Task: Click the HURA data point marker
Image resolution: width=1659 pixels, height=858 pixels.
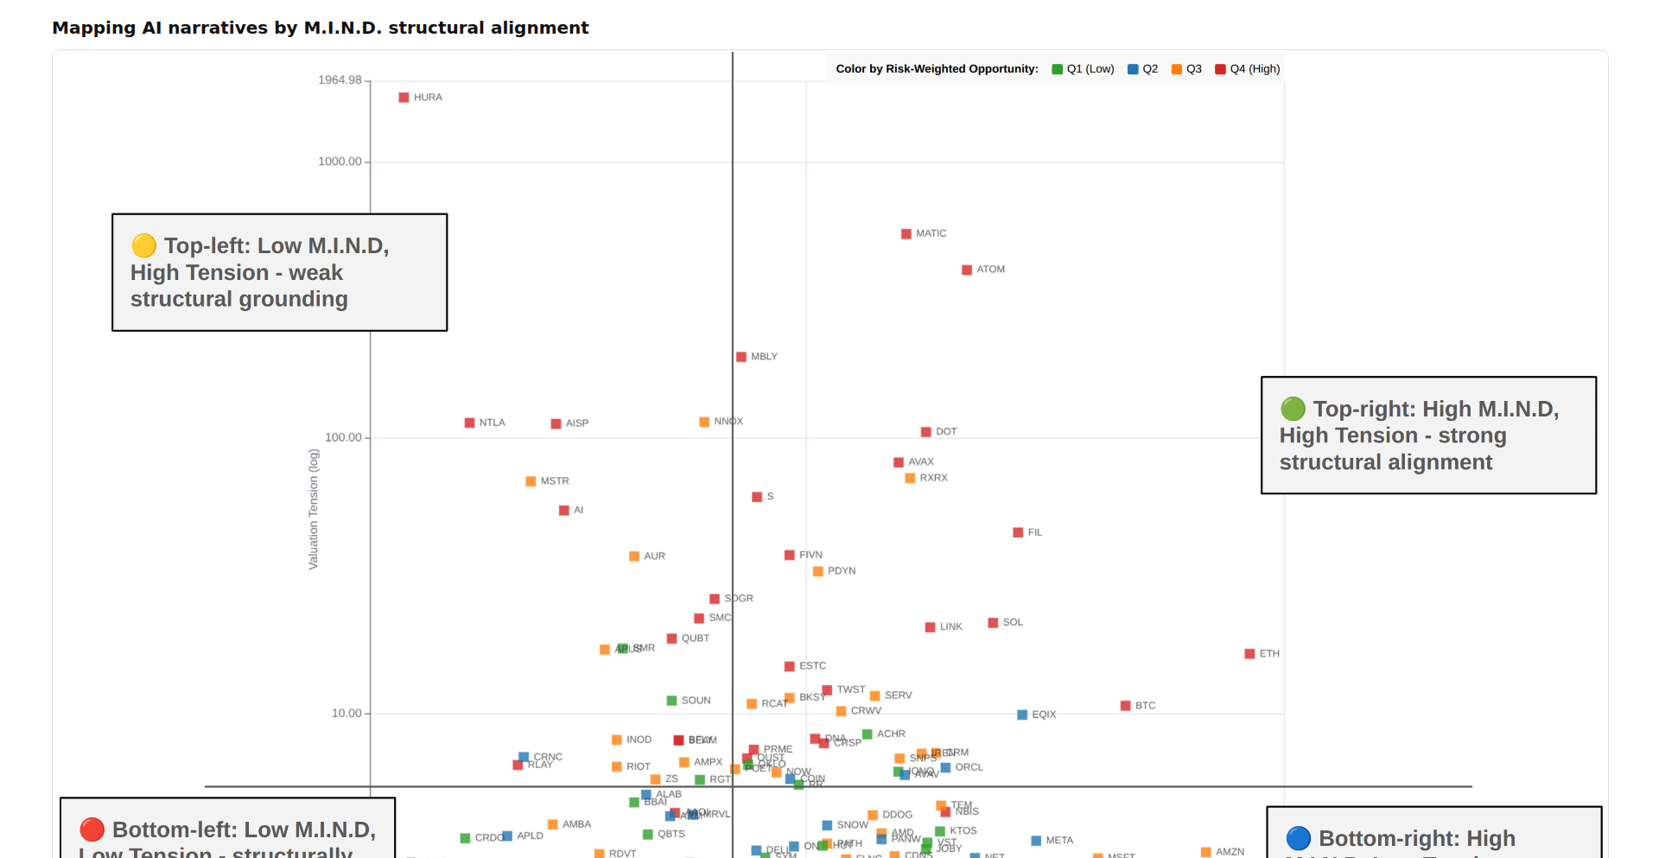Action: click(x=404, y=98)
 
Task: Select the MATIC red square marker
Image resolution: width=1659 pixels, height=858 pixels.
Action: click(x=906, y=234)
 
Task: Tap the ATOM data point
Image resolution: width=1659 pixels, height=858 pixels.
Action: click(x=967, y=270)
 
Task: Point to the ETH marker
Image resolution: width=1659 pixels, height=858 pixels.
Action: click(x=1249, y=654)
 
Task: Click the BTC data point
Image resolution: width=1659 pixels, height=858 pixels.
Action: click(x=1125, y=706)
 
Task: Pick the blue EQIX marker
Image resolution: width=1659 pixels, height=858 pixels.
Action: click(x=1022, y=715)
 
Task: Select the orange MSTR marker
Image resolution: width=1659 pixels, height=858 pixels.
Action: click(x=531, y=481)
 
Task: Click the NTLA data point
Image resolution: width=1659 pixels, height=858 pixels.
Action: click(x=469, y=423)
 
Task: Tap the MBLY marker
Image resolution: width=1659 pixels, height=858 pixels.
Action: click(x=741, y=357)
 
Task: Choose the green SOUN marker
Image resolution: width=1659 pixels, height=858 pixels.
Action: click(x=671, y=701)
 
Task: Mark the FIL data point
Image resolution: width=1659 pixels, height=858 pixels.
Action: click(x=1018, y=533)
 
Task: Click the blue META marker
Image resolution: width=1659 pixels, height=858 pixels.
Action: click(x=1036, y=841)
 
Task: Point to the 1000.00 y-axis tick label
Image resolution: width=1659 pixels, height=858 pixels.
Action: click(x=340, y=162)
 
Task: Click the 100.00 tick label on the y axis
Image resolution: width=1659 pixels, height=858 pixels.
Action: click(x=343, y=437)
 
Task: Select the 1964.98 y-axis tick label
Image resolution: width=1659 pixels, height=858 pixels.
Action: click(x=340, y=80)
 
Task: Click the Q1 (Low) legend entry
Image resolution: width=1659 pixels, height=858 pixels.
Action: click(x=1083, y=69)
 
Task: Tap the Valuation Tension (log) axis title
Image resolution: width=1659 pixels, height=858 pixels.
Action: click(x=314, y=509)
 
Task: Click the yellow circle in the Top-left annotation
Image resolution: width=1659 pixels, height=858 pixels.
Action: click(x=143, y=246)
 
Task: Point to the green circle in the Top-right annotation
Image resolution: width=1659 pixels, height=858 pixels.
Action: click(x=1293, y=409)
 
